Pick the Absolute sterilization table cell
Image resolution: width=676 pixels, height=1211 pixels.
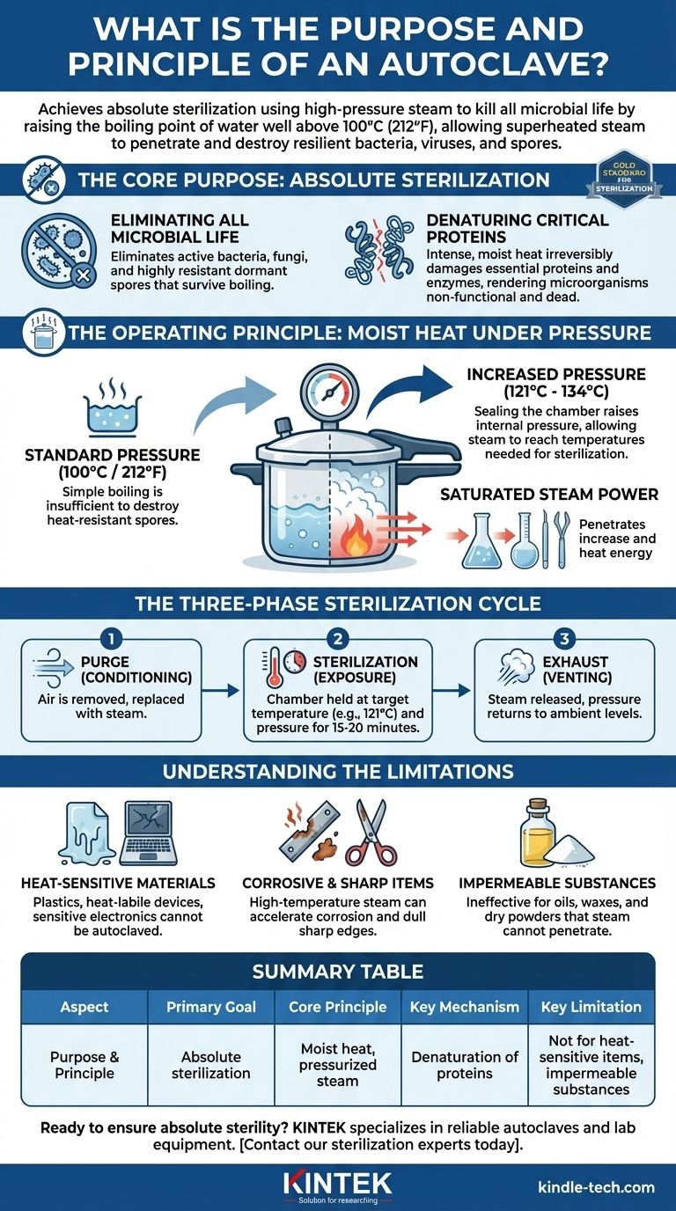211,1065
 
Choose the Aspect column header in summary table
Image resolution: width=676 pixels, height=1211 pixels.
84,1007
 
